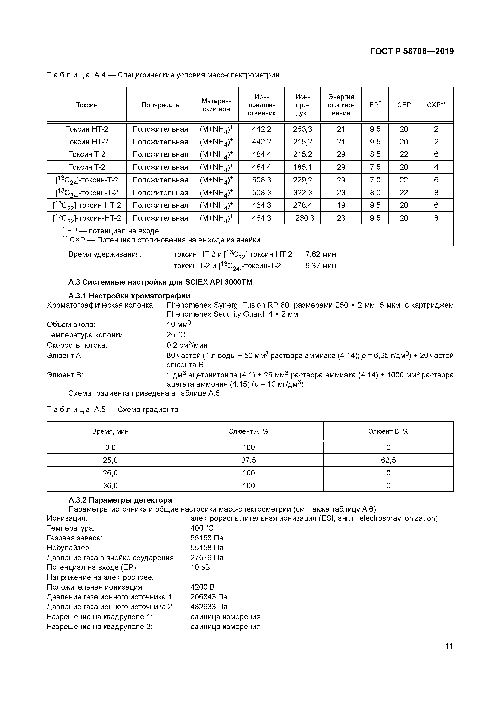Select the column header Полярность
point(160,105)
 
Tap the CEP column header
point(404,105)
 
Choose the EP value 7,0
point(375,180)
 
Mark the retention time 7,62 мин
point(320,255)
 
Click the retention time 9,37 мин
point(320,266)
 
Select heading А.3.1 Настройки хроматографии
point(129,296)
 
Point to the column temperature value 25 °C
point(176,335)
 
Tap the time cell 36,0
point(110,486)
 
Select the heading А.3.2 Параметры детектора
point(120,500)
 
